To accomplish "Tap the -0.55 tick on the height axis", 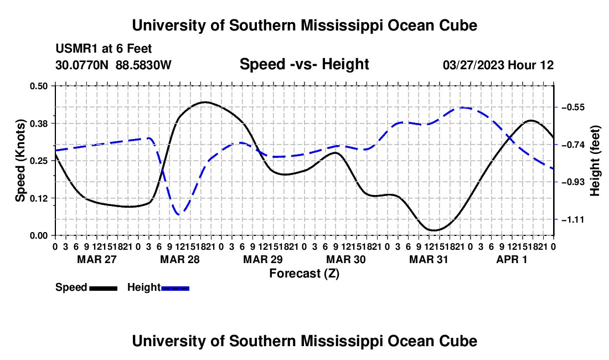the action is click(x=573, y=107).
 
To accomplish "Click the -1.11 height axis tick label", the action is click(x=573, y=220).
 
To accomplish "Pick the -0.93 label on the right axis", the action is click(x=573, y=182).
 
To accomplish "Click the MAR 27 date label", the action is click(x=97, y=259).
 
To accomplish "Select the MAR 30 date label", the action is click(x=345, y=259).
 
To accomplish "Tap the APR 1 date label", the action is click(x=512, y=259).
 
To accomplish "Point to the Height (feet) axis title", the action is click(x=595, y=161).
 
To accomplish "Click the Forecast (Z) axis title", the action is click(x=304, y=274).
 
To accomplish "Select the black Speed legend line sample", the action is click(x=104, y=288).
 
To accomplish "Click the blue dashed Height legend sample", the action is click(x=175, y=288).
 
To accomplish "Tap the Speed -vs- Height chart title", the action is click(x=304, y=64).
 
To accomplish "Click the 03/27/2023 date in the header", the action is click(x=473, y=65).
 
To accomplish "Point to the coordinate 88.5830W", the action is click(x=143, y=65).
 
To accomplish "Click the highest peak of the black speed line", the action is click(x=205, y=102).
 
